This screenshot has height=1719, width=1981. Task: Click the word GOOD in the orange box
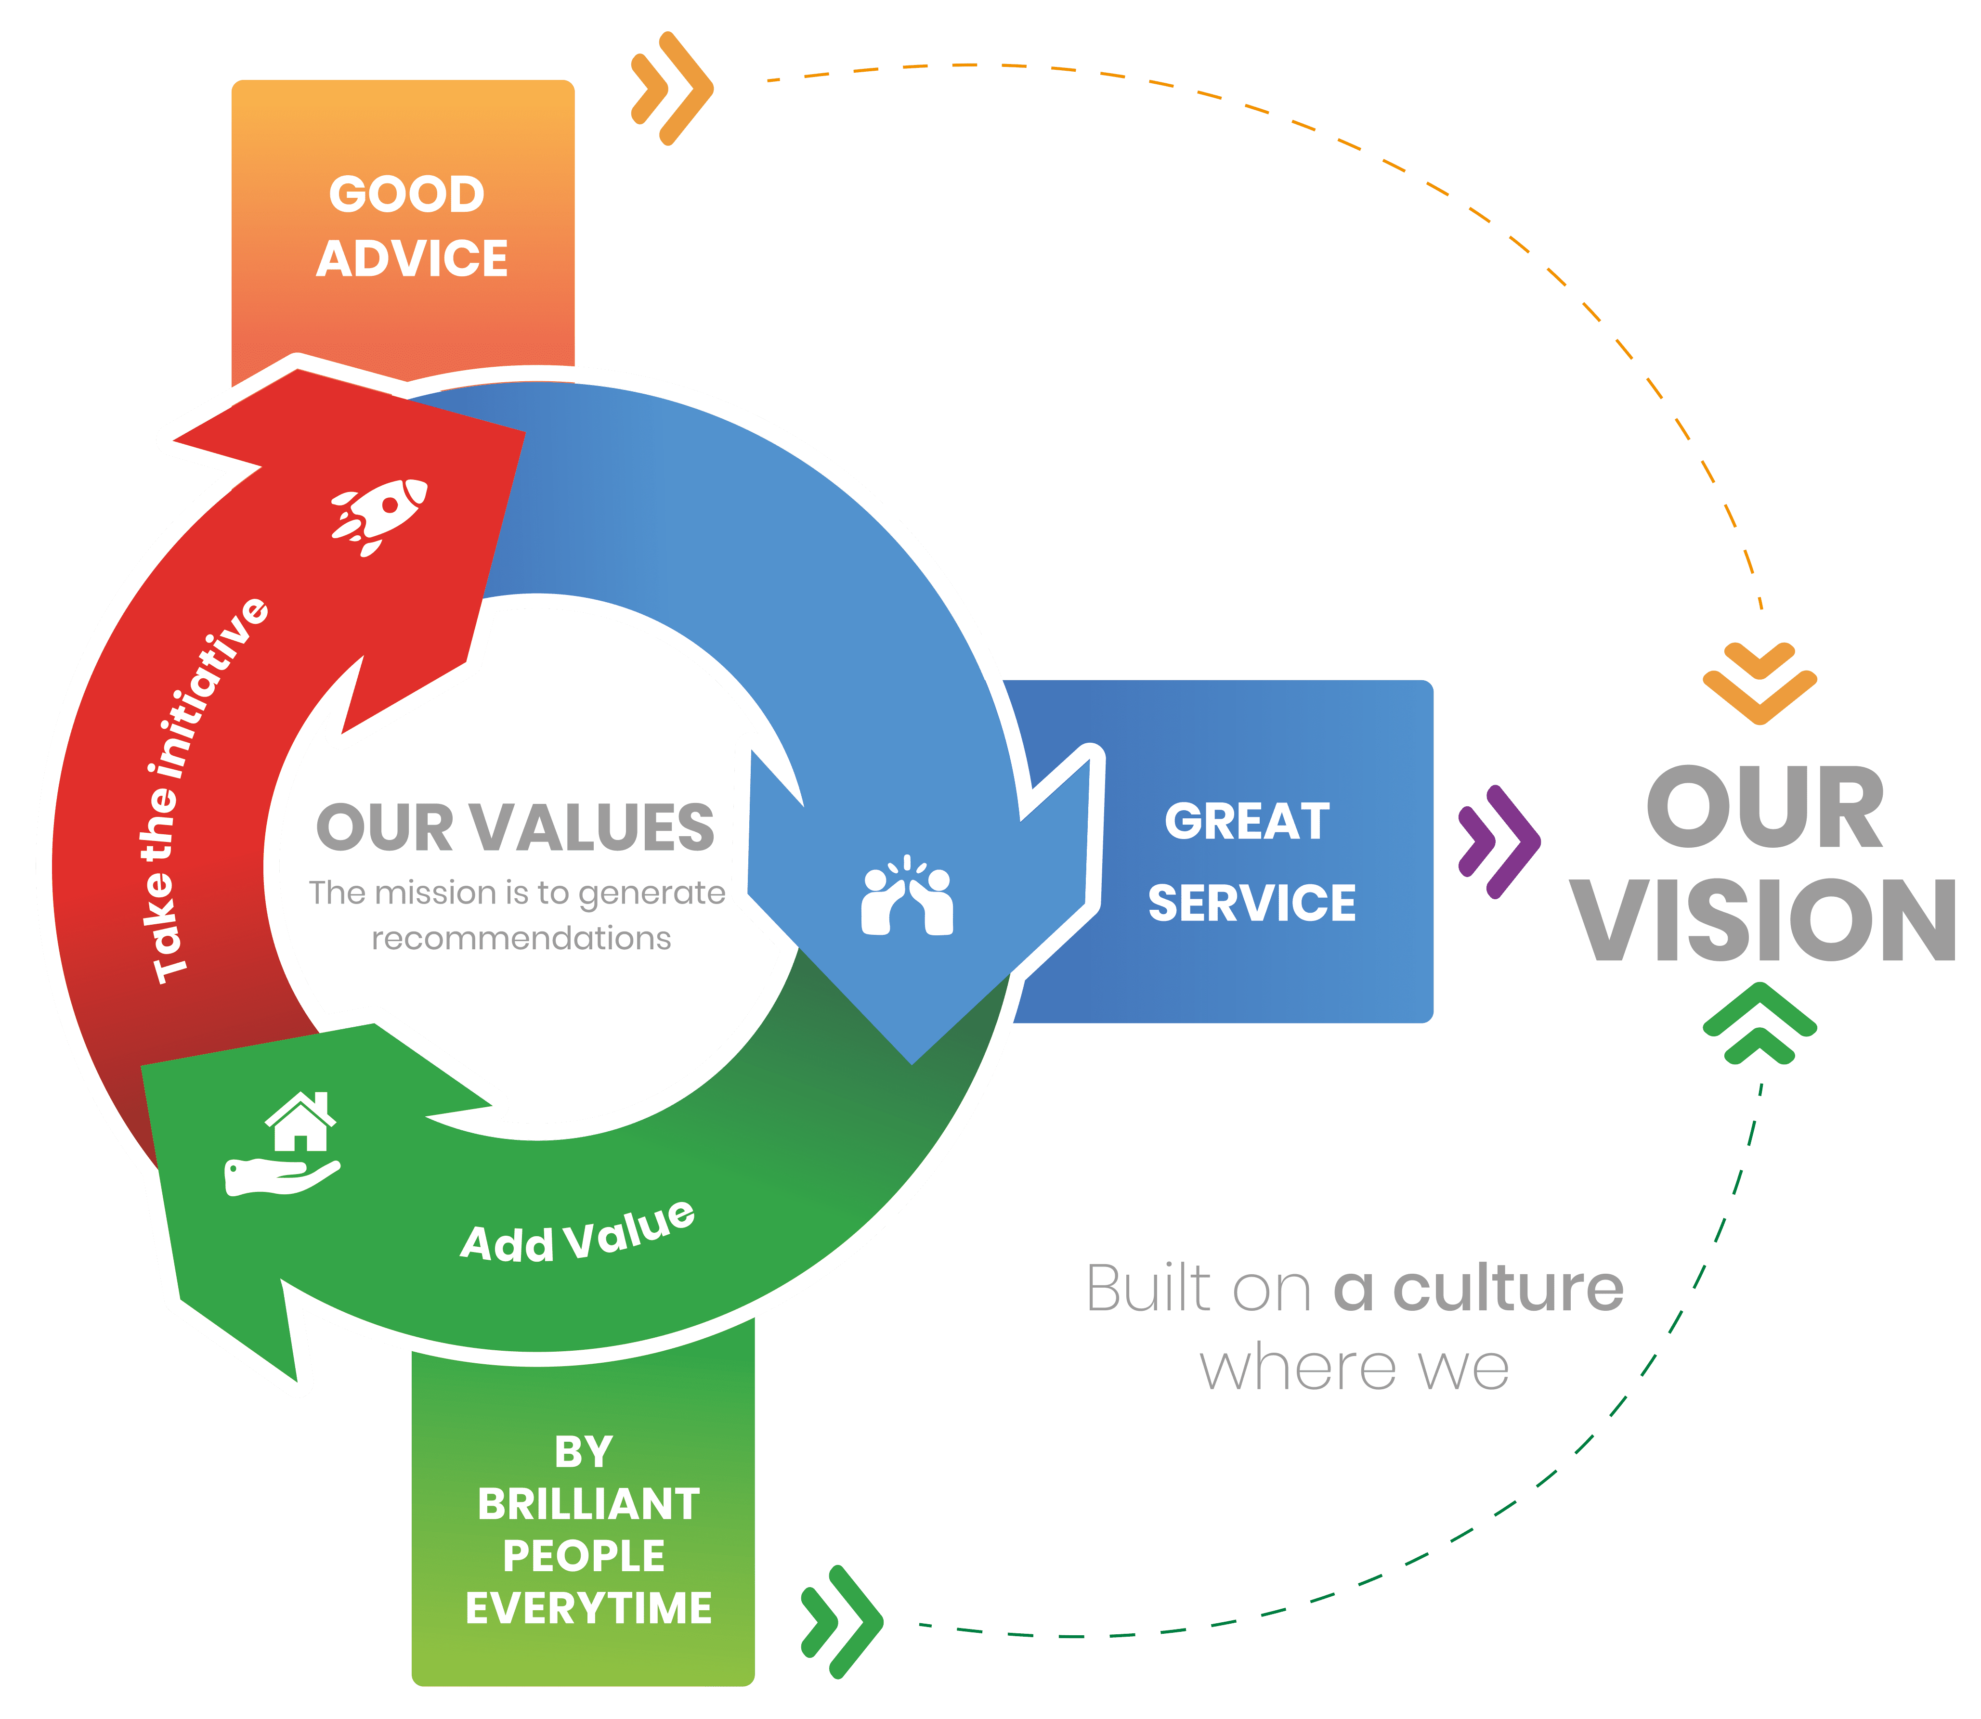point(407,195)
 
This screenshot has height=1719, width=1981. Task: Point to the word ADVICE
point(413,259)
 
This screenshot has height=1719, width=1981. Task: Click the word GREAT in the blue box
point(1247,822)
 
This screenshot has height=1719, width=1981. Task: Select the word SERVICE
point(1252,904)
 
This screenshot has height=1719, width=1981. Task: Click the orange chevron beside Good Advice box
point(672,88)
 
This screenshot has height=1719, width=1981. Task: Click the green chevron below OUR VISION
point(1759,1023)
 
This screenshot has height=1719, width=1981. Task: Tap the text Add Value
point(577,1235)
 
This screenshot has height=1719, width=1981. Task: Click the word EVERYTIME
point(588,1608)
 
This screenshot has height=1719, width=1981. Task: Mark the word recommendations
point(521,938)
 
